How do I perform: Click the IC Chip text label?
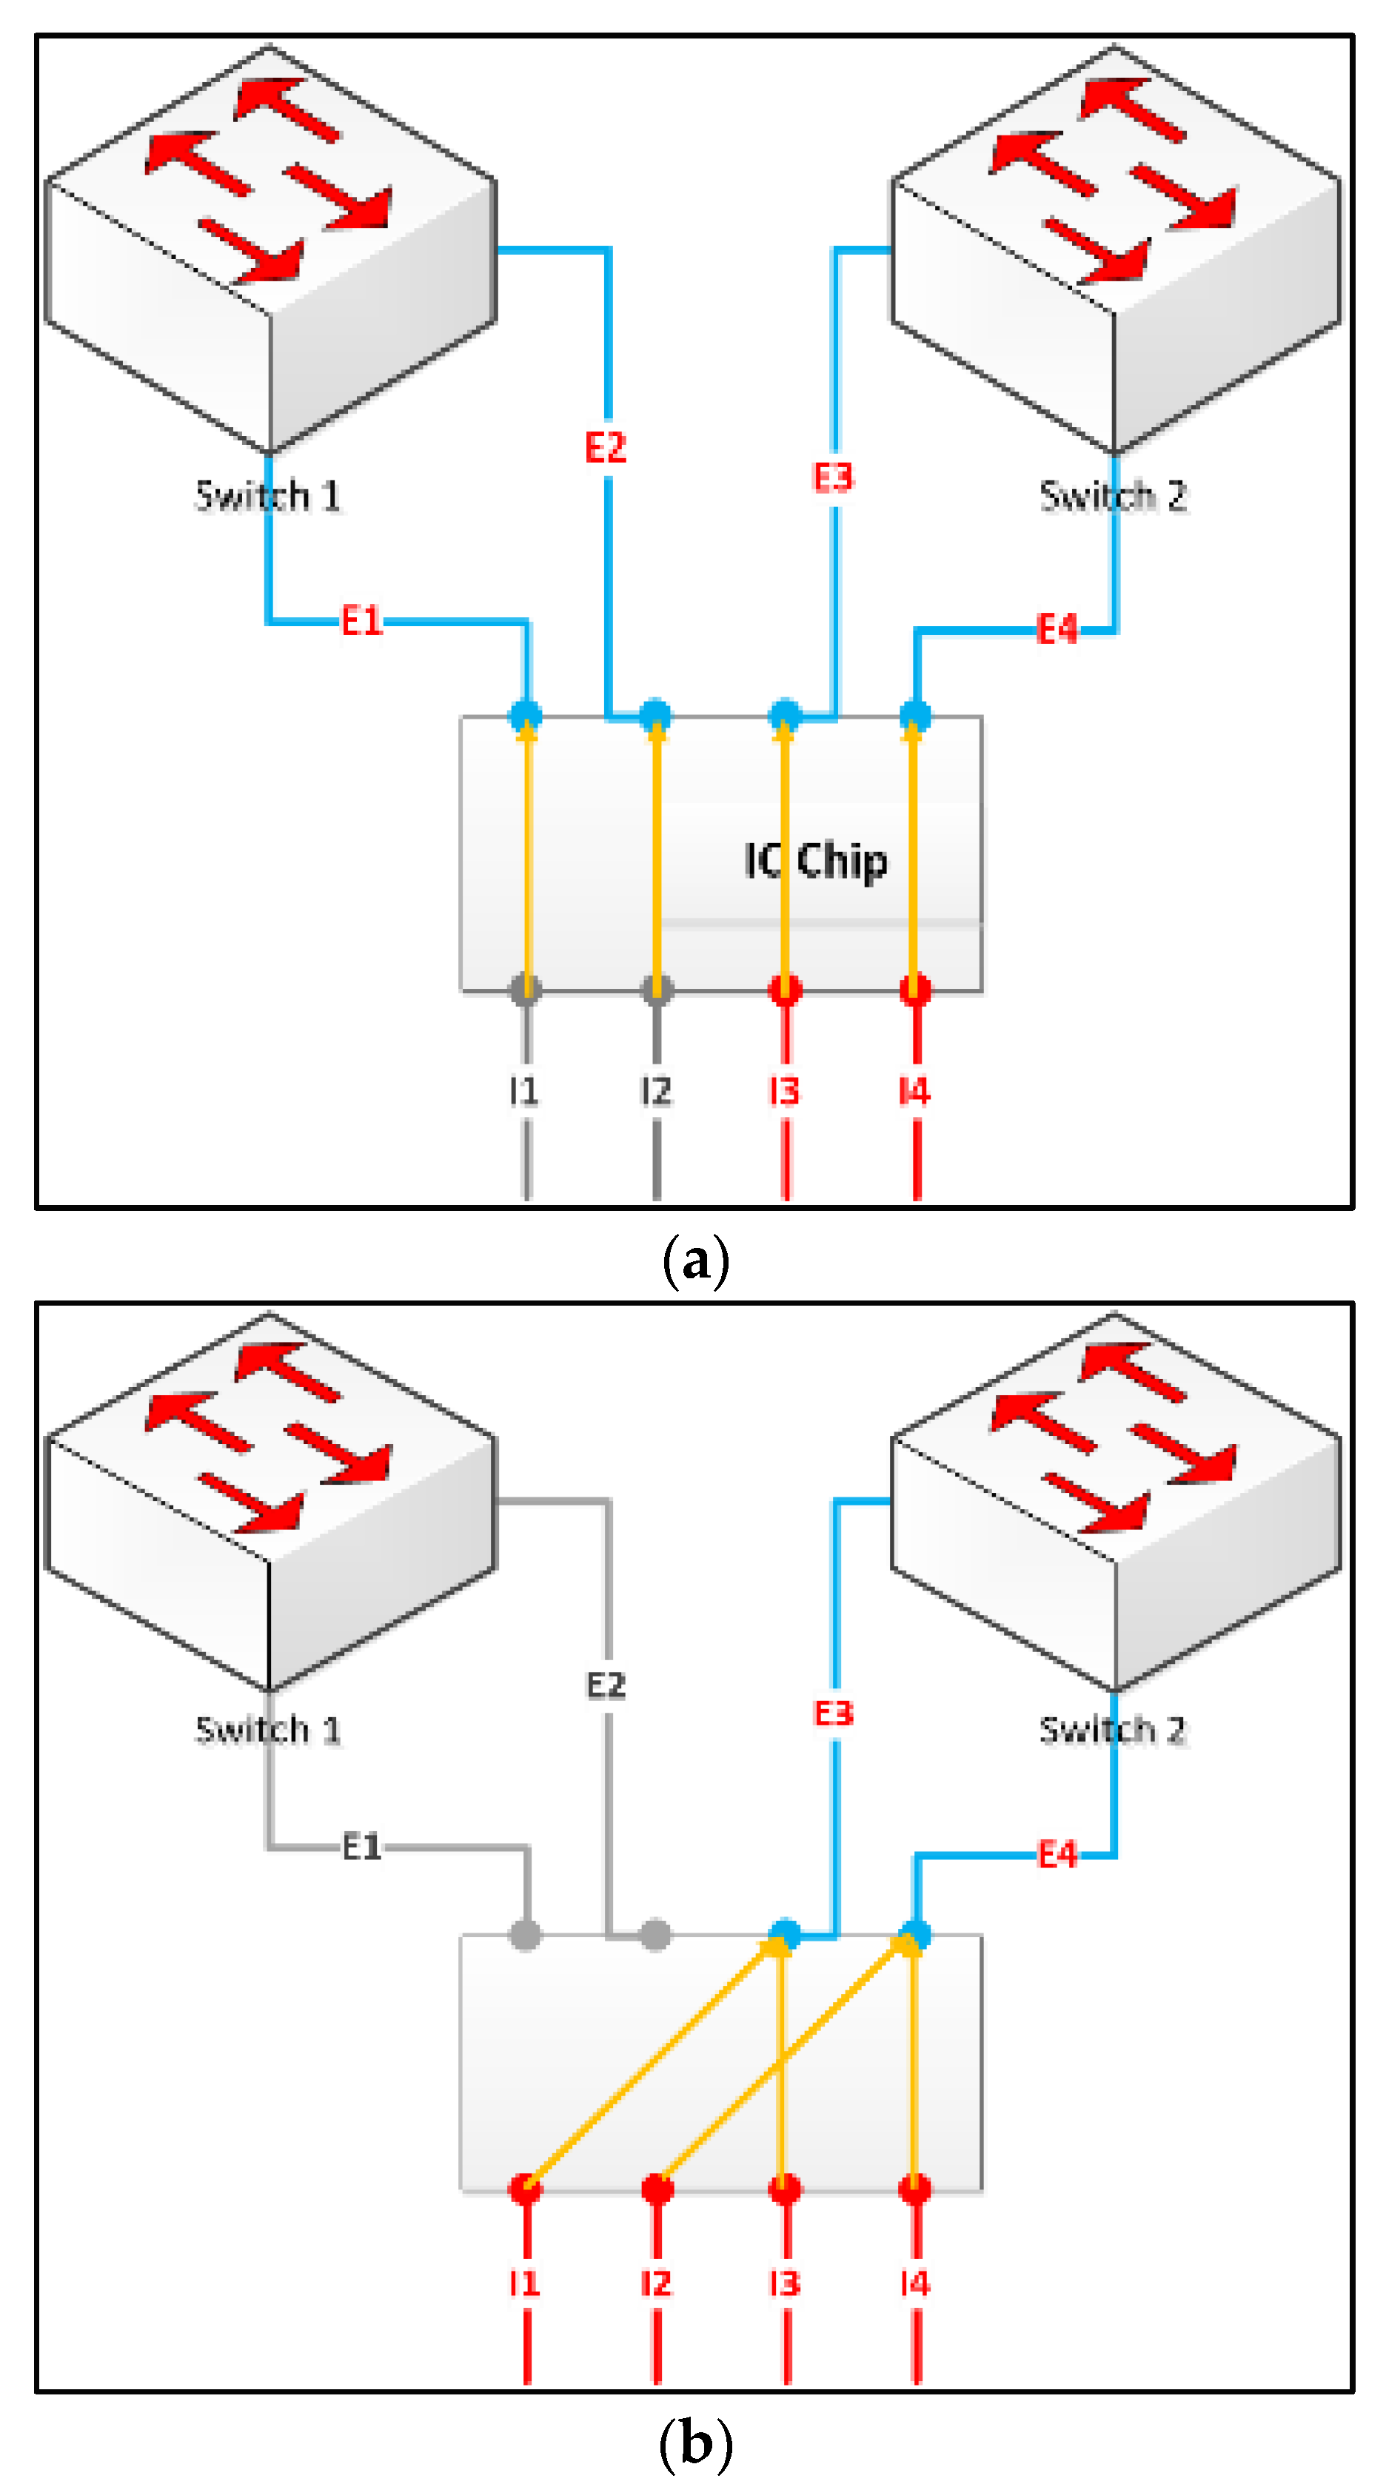(x=815, y=861)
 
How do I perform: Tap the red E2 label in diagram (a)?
(x=606, y=447)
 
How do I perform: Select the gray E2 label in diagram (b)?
(x=606, y=1685)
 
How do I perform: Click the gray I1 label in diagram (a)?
(x=523, y=1090)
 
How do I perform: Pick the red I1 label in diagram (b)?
(x=523, y=2283)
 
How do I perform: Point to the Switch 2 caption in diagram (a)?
(x=1112, y=496)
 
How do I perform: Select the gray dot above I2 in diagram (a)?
(x=657, y=988)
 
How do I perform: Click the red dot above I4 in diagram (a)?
(x=915, y=988)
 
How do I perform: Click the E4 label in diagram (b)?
(x=1057, y=1854)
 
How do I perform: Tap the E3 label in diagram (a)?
(x=834, y=477)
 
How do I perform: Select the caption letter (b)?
(x=695, y=2443)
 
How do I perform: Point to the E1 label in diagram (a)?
(x=362, y=621)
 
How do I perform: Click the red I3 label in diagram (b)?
(x=784, y=2283)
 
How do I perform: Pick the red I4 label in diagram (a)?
(x=914, y=1090)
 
